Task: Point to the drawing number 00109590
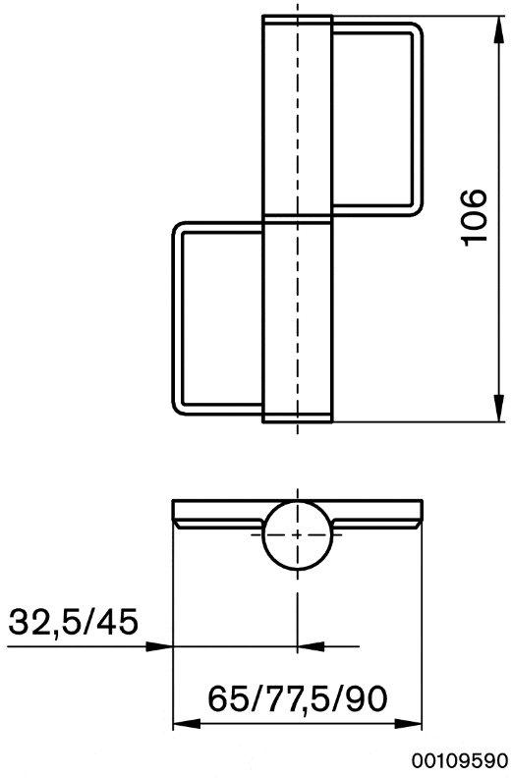pyautogui.click(x=460, y=760)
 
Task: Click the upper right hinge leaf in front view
pyautogui.click(x=378, y=118)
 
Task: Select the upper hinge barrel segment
pyautogui.click(x=297, y=118)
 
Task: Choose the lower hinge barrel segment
pyautogui.click(x=297, y=319)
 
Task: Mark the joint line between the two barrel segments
pyautogui.click(x=297, y=218)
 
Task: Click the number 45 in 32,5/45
pyautogui.click(x=117, y=622)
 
